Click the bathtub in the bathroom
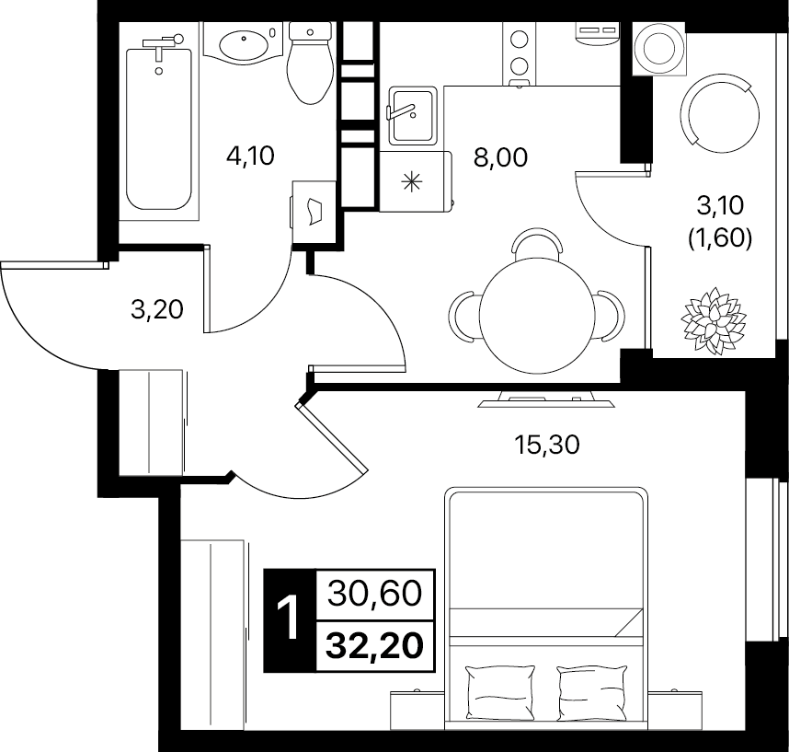tap(159, 129)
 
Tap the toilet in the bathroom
tap(310, 64)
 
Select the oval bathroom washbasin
tap(244, 44)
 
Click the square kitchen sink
tap(413, 115)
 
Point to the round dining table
tap(537, 316)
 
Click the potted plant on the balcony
tap(713, 319)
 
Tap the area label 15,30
tap(546, 445)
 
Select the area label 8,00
tap(500, 157)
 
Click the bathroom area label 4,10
tap(250, 156)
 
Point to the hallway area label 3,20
tap(157, 309)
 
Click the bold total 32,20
tap(374, 646)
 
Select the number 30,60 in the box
tap(374, 594)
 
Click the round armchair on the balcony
tap(719, 114)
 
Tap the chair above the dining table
tap(536, 243)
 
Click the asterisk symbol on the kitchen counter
tap(412, 181)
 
